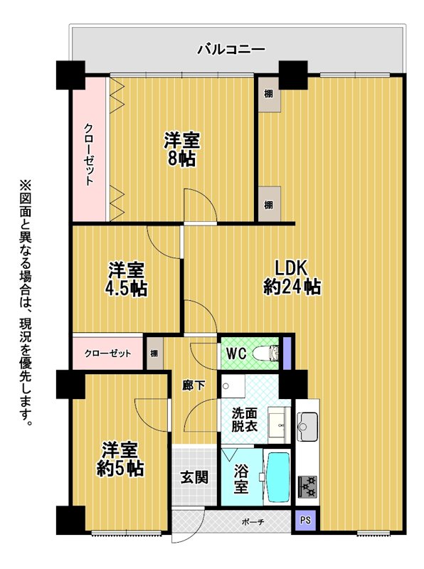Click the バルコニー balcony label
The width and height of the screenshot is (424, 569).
pos(231,49)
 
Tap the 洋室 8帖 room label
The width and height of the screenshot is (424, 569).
pos(181,149)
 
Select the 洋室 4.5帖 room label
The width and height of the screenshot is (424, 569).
pos(126,280)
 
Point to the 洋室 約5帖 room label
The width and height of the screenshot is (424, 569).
pos(120,459)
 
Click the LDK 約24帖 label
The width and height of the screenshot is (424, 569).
pos(292,277)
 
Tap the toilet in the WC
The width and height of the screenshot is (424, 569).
pos(266,353)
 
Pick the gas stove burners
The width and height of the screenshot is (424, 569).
pos(307,487)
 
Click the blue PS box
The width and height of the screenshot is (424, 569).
pos(305,521)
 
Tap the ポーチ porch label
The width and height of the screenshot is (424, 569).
pos(253,523)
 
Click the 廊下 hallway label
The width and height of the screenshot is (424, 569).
pos(193,386)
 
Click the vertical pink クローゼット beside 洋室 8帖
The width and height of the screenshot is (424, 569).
pos(90,148)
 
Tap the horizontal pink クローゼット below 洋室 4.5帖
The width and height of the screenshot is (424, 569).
pos(107,353)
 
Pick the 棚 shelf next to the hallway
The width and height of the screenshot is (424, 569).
pos(154,353)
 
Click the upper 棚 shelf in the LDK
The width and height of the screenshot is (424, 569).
pos(269,94)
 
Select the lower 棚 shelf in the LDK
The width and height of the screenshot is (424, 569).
pos(269,204)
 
